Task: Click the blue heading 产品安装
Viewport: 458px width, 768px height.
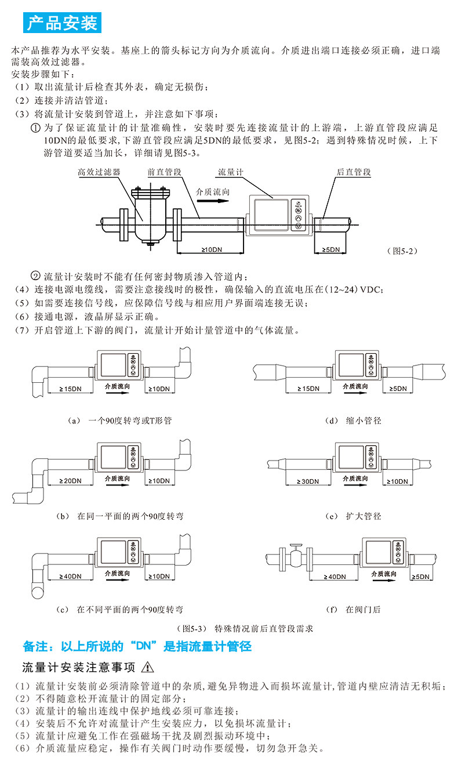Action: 62,23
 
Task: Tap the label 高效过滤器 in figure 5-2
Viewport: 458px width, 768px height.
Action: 99,172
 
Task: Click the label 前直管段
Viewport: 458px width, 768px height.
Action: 165,172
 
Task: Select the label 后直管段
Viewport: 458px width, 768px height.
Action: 354,172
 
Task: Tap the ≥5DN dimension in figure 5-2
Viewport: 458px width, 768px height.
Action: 330,250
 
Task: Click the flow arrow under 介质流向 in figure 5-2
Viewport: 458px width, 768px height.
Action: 212,201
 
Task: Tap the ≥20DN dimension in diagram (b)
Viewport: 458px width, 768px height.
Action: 71,481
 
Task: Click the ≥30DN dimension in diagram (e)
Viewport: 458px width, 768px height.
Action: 308,481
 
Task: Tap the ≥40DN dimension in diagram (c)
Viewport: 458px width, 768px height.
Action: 71,577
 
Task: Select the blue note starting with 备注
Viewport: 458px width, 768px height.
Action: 137,646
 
